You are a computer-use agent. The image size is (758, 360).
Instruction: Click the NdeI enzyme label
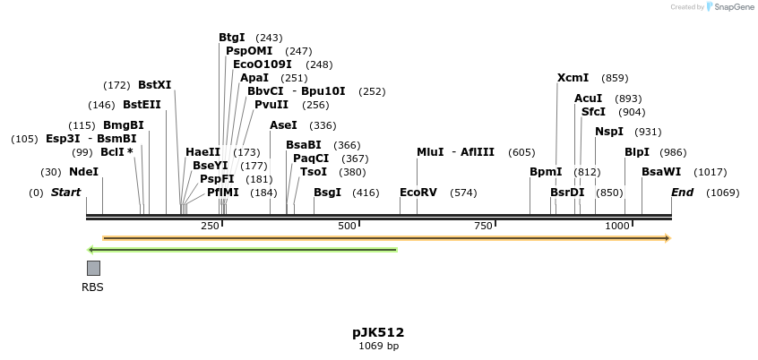click(x=83, y=172)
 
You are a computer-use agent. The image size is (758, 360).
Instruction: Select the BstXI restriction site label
click(x=154, y=85)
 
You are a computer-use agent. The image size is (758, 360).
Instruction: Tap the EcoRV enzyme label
click(x=418, y=193)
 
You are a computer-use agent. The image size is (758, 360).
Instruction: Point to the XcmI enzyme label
click(x=573, y=78)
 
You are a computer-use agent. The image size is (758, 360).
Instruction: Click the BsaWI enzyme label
click(x=660, y=172)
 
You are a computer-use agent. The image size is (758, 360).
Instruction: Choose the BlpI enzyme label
click(x=637, y=152)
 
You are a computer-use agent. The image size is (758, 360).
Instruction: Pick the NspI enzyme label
click(x=608, y=132)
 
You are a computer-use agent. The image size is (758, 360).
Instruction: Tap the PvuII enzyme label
click(x=271, y=105)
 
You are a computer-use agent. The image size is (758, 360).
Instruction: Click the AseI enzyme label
click(x=283, y=125)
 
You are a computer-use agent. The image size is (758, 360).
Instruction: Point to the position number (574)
click(x=463, y=193)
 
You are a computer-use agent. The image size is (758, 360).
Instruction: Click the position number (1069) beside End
click(x=721, y=193)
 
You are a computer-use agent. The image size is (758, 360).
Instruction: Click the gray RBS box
click(x=93, y=268)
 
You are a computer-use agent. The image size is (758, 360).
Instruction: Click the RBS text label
click(x=92, y=287)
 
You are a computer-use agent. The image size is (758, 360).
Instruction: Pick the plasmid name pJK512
click(x=378, y=332)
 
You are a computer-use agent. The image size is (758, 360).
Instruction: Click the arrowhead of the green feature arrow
click(x=90, y=249)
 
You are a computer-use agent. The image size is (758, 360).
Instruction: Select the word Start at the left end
click(x=65, y=193)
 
